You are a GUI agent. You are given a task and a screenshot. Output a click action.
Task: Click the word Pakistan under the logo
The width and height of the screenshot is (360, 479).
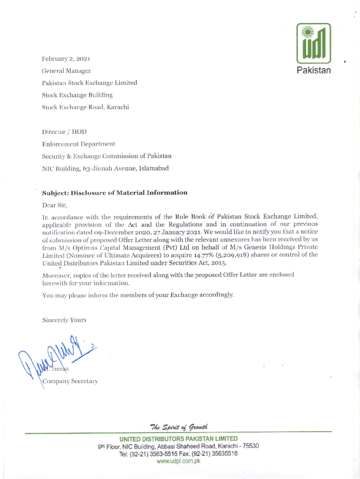(314, 71)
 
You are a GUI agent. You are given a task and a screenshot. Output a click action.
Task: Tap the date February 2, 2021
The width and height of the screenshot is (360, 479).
(66, 59)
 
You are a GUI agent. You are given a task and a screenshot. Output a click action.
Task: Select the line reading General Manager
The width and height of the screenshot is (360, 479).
(66, 71)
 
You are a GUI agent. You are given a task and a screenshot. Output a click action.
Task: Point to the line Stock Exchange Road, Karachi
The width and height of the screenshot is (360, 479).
(85, 107)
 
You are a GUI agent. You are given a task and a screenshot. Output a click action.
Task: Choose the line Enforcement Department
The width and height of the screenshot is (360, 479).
(79, 144)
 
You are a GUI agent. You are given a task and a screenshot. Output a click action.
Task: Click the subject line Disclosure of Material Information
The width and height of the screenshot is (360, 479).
(115, 192)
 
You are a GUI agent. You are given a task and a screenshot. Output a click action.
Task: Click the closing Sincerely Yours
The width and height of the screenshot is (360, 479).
(64, 320)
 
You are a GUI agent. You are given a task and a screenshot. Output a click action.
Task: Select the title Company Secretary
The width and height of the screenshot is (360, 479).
(70, 381)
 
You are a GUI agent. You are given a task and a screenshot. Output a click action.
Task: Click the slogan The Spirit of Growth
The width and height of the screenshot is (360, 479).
(180, 426)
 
